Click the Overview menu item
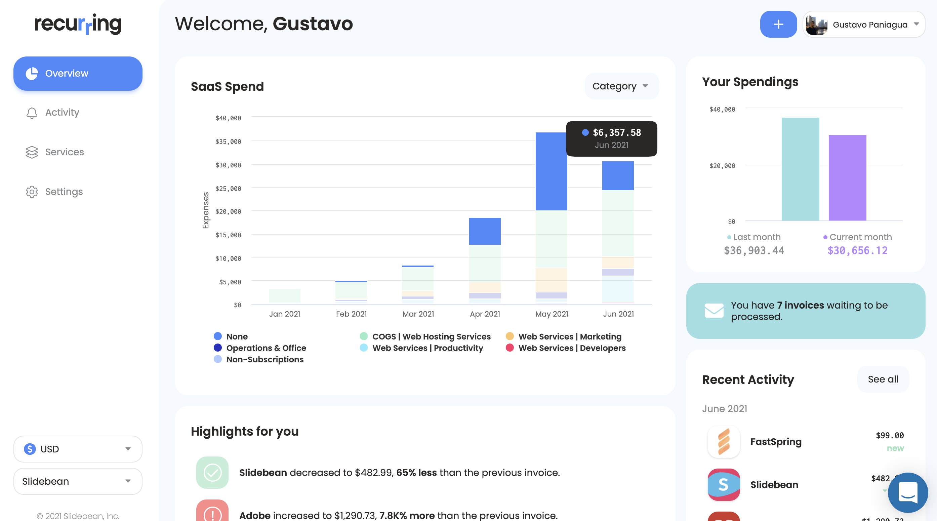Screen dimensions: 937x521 pyautogui.click(x=78, y=74)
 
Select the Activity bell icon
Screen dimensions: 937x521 pyautogui.click(x=32, y=113)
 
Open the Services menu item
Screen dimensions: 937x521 pyautogui.click(x=54, y=152)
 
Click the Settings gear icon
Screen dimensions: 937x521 pyautogui.click(x=32, y=192)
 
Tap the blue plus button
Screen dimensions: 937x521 pyautogui.click(x=778, y=25)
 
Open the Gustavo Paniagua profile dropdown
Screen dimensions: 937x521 pyautogui.click(x=864, y=25)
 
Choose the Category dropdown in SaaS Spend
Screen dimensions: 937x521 pyautogui.click(x=622, y=86)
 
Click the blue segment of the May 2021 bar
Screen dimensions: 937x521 pyautogui.click(x=552, y=171)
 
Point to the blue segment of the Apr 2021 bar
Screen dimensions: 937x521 pyautogui.click(x=485, y=231)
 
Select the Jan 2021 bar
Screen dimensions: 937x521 pyautogui.click(x=285, y=296)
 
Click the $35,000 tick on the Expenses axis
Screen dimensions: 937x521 pyautogui.click(x=229, y=142)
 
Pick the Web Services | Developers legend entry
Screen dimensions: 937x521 pyautogui.click(x=566, y=348)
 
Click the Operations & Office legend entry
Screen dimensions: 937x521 pyautogui.click(x=260, y=348)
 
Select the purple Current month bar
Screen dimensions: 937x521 pyautogui.click(x=848, y=178)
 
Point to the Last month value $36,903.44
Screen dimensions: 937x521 pyautogui.click(x=754, y=251)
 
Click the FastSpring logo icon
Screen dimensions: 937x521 pyautogui.click(x=724, y=442)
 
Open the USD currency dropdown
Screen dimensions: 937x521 pyautogui.click(x=78, y=449)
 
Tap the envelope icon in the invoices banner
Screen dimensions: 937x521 pyautogui.click(x=714, y=311)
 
